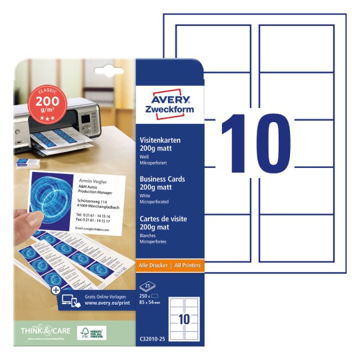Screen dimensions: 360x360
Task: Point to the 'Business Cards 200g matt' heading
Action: point(161,183)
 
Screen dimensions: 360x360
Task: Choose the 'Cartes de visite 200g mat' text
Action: point(161,221)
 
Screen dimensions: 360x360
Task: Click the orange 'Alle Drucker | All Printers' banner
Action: point(169,264)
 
